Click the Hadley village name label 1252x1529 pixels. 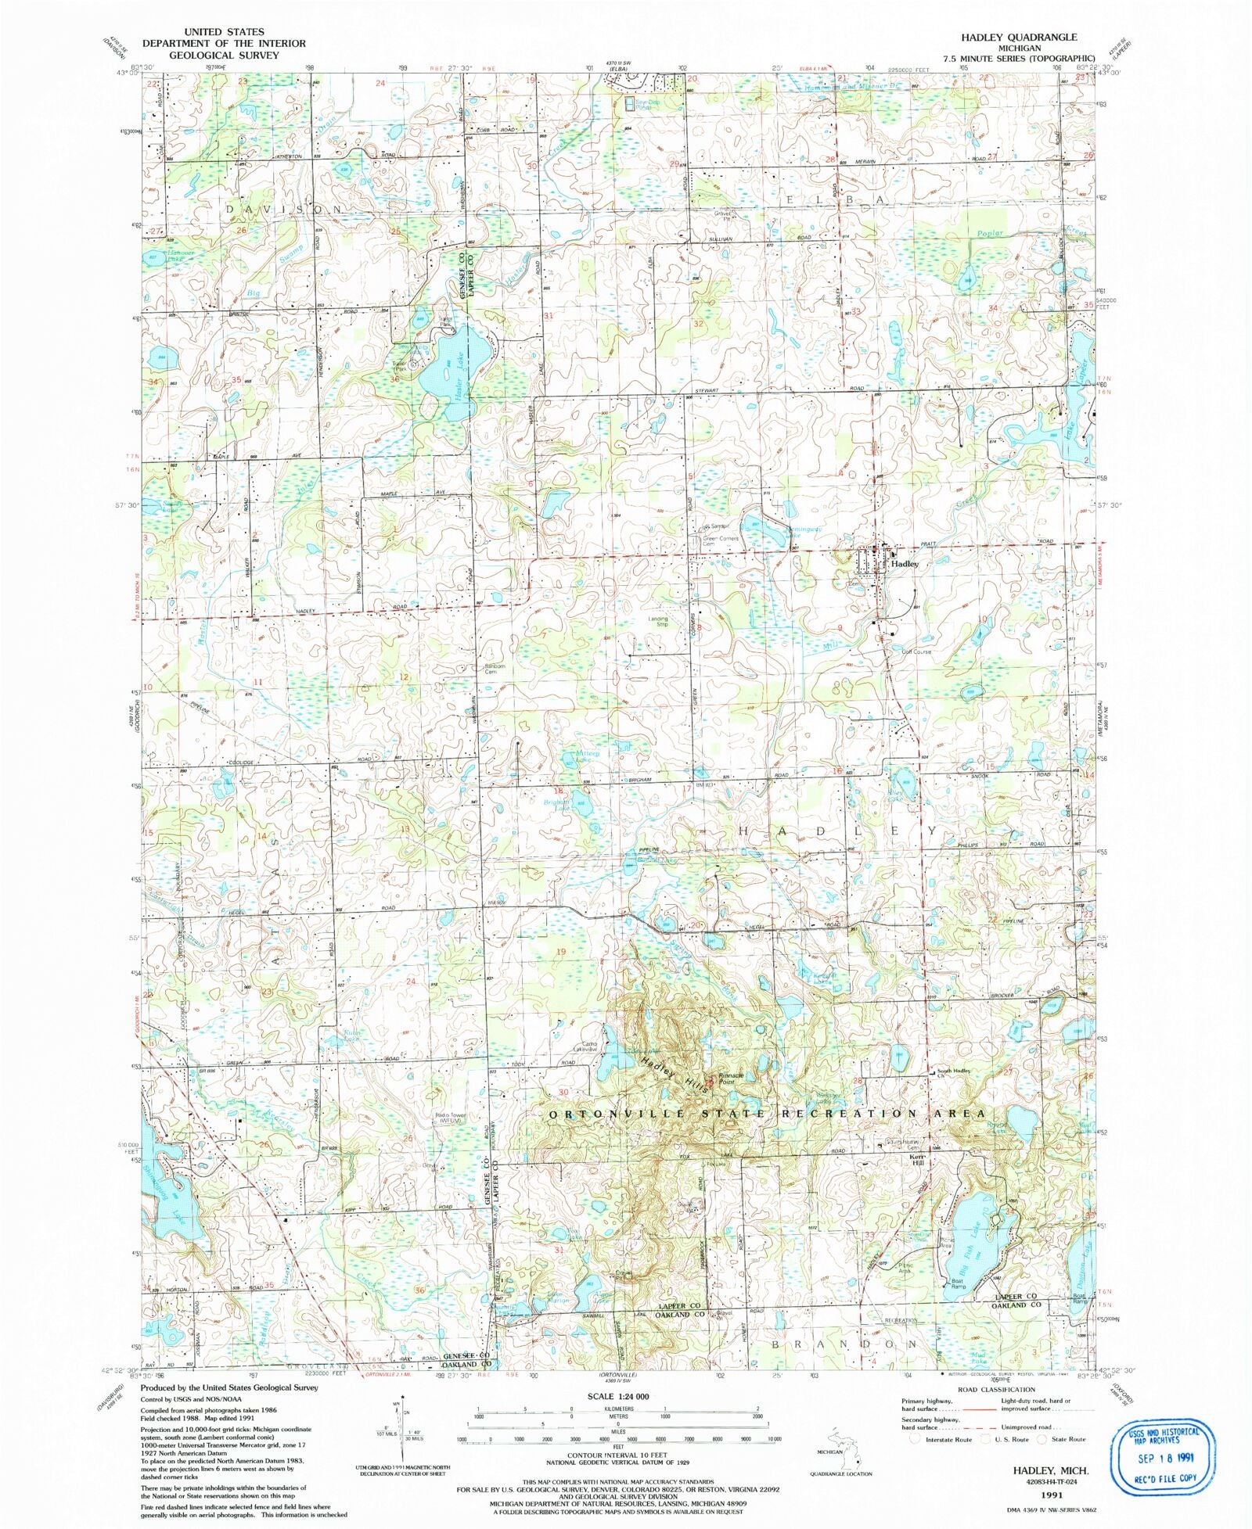[905, 563]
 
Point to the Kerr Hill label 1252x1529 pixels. [917, 1160]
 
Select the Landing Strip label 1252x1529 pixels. [658, 622]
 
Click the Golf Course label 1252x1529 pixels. [916, 651]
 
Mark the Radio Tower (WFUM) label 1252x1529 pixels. [451, 1118]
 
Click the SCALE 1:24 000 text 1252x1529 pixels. [617, 1396]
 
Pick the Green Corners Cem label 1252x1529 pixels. [720, 540]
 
